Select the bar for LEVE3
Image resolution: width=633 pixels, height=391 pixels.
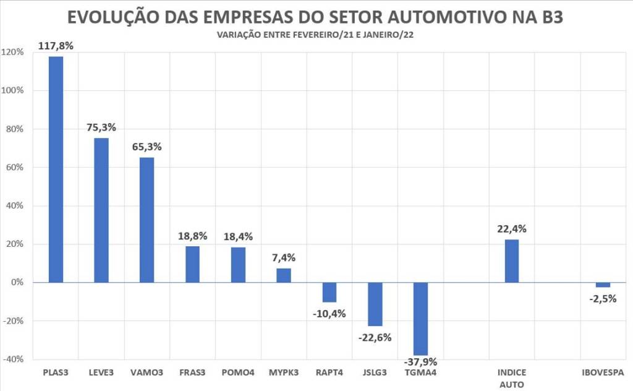[101, 210]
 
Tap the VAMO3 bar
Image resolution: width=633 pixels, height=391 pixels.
[147, 220]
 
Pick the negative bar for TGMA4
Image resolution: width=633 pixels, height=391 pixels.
[421, 319]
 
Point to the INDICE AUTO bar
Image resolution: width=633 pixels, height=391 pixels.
[512, 260]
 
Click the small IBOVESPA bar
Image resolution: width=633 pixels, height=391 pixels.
[603, 285]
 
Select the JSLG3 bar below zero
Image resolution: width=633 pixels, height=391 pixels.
[375, 304]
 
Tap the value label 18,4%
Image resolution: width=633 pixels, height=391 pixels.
[238, 236]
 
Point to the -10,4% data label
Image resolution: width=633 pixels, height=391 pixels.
[329, 313]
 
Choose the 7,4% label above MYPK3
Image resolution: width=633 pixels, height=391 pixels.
[284, 257]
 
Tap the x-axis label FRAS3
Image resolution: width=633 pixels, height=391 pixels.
[192, 373]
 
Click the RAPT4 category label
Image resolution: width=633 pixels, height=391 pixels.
[329, 373]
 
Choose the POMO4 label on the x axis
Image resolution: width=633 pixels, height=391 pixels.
[238, 373]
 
